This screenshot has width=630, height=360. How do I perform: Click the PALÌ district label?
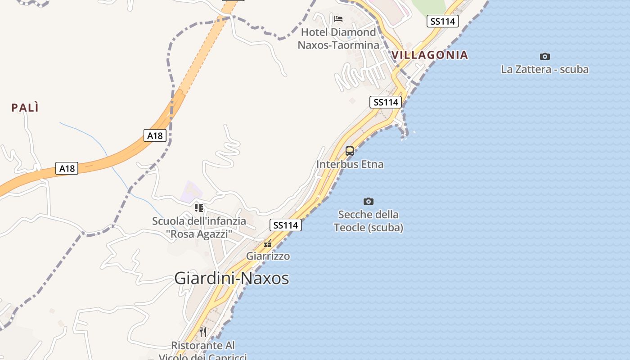[25, 108]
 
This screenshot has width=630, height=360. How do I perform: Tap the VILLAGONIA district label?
[430, 55]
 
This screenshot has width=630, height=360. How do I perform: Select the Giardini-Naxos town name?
[231, 278]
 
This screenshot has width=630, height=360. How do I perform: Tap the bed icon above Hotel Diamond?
[338, 19]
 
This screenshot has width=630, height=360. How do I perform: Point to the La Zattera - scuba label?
[544, 69]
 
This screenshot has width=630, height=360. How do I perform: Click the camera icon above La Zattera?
[544, 56]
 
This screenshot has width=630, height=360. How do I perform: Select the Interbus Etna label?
[350, 164]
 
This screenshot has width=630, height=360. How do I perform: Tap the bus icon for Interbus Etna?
[350, 151]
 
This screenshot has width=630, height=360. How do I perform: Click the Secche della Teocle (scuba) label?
[368, 221]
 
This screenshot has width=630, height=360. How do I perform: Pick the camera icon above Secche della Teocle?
[368, 201]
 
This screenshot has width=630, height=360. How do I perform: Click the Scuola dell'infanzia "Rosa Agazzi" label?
[199, 227]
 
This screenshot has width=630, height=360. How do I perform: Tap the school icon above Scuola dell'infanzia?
[199, 207]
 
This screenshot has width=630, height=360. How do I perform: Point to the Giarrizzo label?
[268, 256]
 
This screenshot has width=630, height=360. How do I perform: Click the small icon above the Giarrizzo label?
[268, 244]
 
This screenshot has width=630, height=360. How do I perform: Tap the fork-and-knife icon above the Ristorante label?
[203, 332]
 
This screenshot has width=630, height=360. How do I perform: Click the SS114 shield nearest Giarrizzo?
[285, 225]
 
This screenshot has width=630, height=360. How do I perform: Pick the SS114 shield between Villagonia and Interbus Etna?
[386, 102]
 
